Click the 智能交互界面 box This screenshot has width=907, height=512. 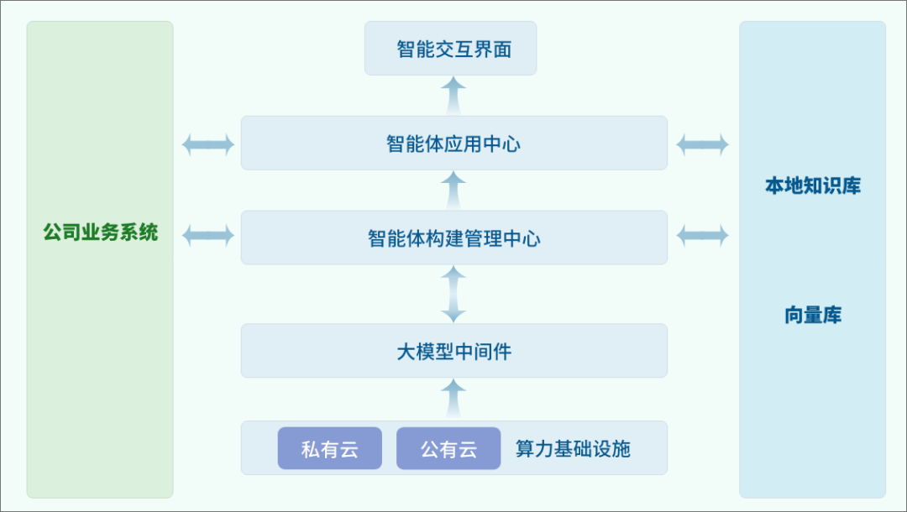point(450,49)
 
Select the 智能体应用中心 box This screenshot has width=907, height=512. point(453,144)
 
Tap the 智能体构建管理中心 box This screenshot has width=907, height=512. point(453,238)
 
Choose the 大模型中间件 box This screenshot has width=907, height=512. point(453,351)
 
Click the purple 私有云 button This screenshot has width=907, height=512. point(330,449)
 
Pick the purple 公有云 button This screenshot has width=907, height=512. point(448,449)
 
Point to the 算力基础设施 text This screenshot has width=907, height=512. point(573,449)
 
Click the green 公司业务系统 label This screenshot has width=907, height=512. point(101,232)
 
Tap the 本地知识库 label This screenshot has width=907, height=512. point(812,185)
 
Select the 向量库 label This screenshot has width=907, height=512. point(812,316)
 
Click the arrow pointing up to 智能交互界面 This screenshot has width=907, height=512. point(453,95)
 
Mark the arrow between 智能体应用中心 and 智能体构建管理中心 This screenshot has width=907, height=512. point(453,190)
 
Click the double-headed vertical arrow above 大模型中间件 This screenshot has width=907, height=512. point(453,294)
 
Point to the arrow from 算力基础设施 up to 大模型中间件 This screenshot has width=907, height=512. point(453,398)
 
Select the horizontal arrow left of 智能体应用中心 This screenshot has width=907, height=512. point(207,144)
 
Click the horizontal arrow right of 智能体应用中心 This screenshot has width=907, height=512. point(703,144)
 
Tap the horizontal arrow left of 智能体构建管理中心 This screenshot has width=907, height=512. point(207,235)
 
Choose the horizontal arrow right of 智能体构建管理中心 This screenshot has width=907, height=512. point(703,235)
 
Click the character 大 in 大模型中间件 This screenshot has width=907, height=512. point(406,352)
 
